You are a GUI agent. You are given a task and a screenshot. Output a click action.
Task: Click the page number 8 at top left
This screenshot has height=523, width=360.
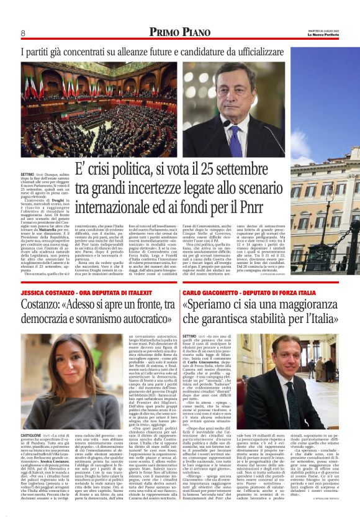pyautogui.click(x=23, y=33)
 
